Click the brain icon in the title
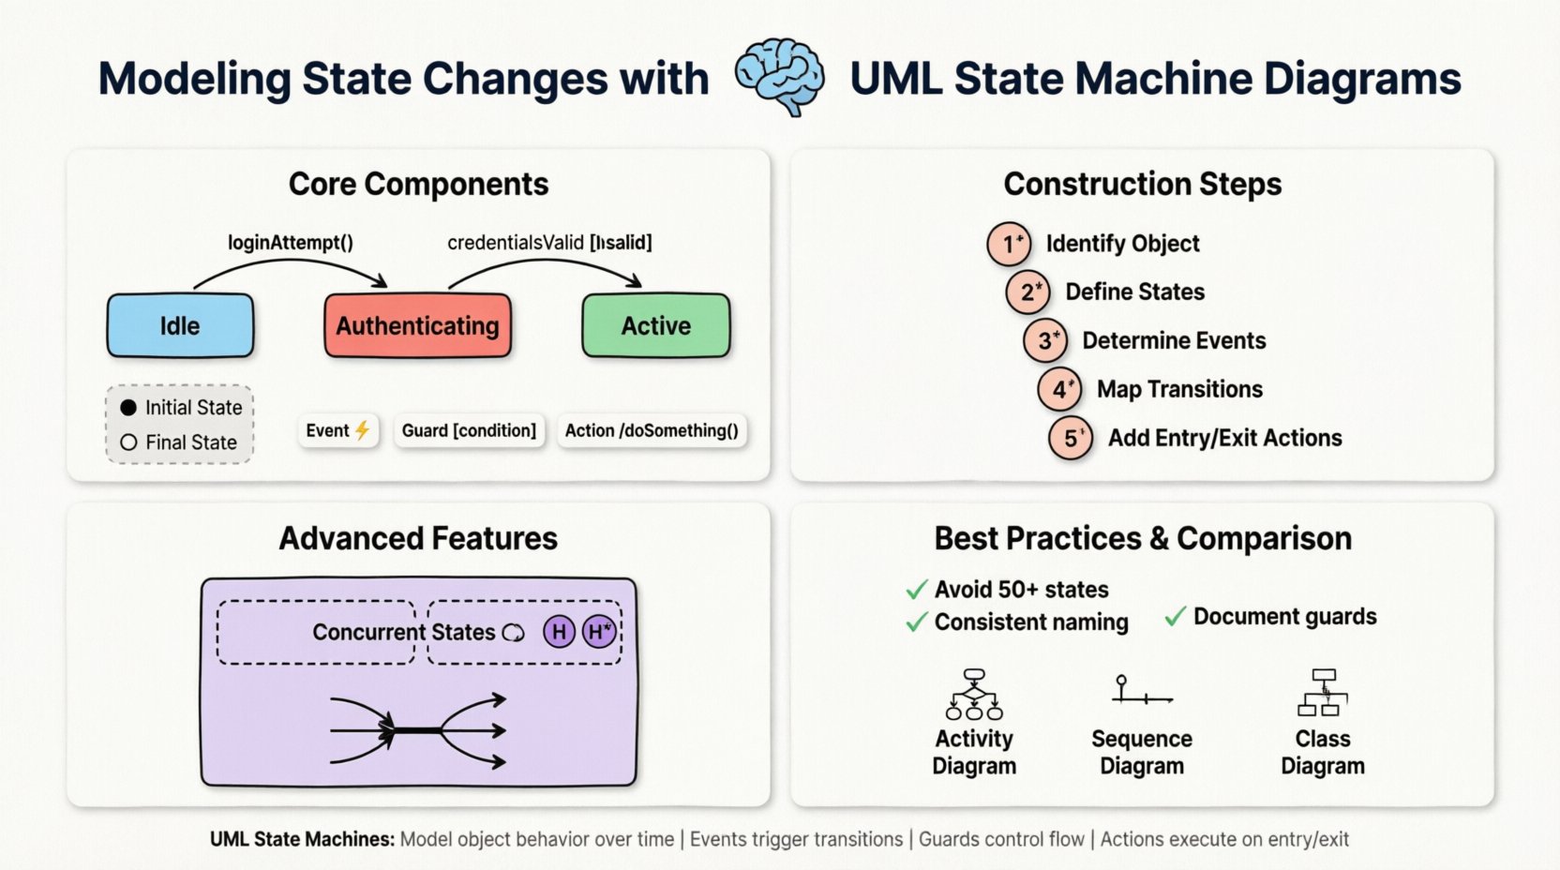pos(779,76)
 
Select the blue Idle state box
pos(180,325)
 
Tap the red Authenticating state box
pos(417,325)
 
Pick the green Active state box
pos(655,325)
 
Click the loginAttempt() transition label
pos(291,243)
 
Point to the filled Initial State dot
pos(128,408)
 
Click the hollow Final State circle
pos(128,442)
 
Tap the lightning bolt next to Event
pos(362,430)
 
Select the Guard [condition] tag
pos(469,430)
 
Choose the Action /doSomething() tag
pos(652,430)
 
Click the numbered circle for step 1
pos(1009,244)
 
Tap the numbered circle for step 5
pos(1071,439)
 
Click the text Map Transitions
pos(1179,389)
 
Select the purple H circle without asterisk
pos(559,632)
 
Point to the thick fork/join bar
pos(417,730)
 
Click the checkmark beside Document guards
pos(1175,617)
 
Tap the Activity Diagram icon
pos(974,695)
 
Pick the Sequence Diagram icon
pos(1141,692)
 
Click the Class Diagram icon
pos(1323,693)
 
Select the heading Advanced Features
pos(418,538)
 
